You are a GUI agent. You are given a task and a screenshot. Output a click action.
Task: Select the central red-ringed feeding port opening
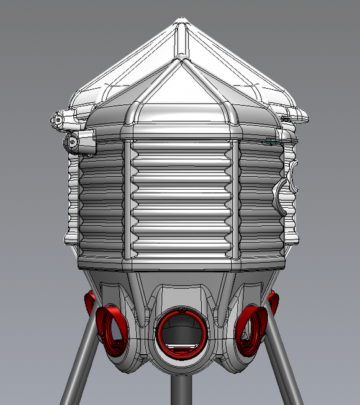coord(180,329)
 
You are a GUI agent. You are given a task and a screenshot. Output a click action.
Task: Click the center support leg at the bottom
coord(180,391)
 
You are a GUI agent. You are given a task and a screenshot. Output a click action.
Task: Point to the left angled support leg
coord(79,366)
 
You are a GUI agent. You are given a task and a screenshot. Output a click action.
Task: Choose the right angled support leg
coord(284,366)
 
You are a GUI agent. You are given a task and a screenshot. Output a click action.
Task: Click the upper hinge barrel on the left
coord(60,119)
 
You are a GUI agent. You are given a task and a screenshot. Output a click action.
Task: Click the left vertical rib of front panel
coord(128,198)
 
